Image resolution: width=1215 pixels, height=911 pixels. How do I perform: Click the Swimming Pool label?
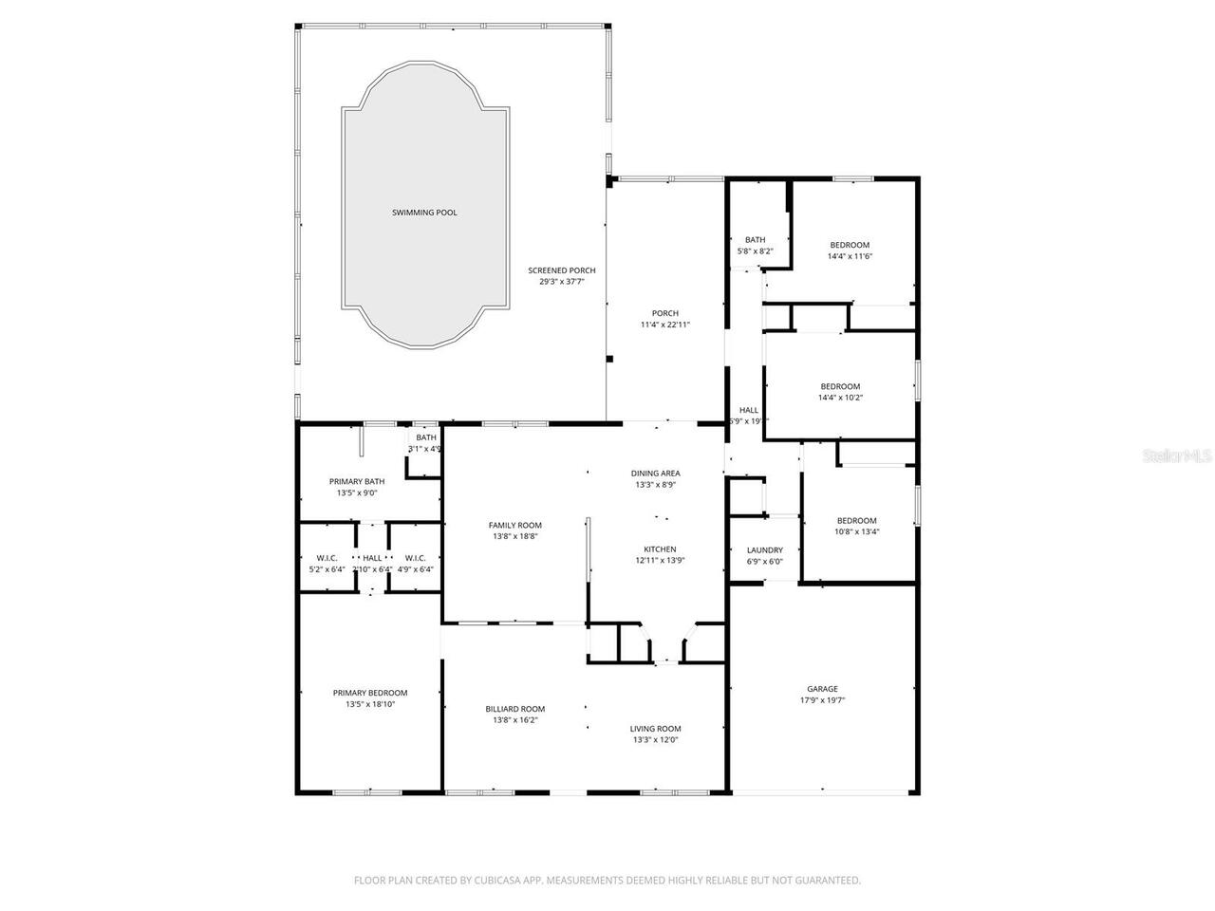point(424,213)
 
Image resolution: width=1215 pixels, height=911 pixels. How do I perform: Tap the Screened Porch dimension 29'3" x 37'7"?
point(562,282)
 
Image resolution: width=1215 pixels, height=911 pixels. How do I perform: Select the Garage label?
point(822,689)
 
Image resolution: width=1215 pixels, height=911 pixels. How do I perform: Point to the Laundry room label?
point(765,550)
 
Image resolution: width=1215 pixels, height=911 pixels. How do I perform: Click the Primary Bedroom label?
point(369,693)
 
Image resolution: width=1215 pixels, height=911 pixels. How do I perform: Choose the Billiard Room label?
point(514,709)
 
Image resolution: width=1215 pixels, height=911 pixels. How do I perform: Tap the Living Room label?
point(656,729)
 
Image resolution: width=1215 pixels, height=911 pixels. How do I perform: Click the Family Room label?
point(514,526)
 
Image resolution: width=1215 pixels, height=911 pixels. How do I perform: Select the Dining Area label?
point(656,474)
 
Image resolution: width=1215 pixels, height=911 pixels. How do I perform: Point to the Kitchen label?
point(660,549)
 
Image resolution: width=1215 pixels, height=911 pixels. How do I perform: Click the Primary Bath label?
point(357,481)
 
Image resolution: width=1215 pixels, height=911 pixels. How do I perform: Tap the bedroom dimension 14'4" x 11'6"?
point(850,256)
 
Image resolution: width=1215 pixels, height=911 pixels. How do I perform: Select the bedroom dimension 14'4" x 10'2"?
point(840,398)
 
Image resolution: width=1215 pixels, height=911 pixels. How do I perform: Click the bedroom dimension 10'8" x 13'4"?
point(856,531)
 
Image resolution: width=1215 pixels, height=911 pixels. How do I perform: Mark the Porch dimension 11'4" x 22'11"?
point(664,325)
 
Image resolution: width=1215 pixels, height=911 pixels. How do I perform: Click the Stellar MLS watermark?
point(1177,456)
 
